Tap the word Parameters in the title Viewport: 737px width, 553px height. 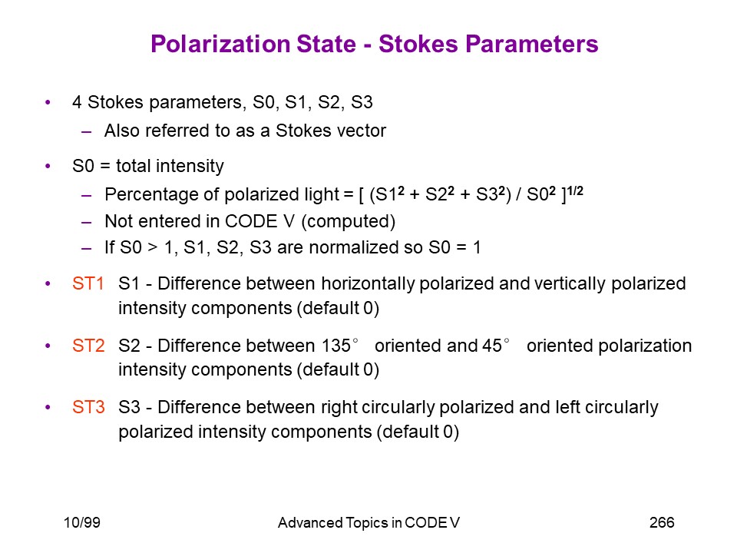[531, 45]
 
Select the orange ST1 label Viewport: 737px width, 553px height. [88, 283]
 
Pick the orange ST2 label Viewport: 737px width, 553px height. [88, 346]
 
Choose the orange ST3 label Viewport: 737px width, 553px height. [88, 407]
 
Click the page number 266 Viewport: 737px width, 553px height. [662, 522]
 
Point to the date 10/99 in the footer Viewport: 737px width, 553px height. [82, 522]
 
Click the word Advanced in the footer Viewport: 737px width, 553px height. [310, 523]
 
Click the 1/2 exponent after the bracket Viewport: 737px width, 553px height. [575, 191]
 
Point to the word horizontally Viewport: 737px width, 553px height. [368, 284]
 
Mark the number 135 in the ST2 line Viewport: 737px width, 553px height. [336, 346]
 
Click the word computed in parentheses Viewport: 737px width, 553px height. [349, 221]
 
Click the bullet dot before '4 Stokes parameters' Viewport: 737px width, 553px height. [48, 102]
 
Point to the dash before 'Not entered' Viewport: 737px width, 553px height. [87, 222]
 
